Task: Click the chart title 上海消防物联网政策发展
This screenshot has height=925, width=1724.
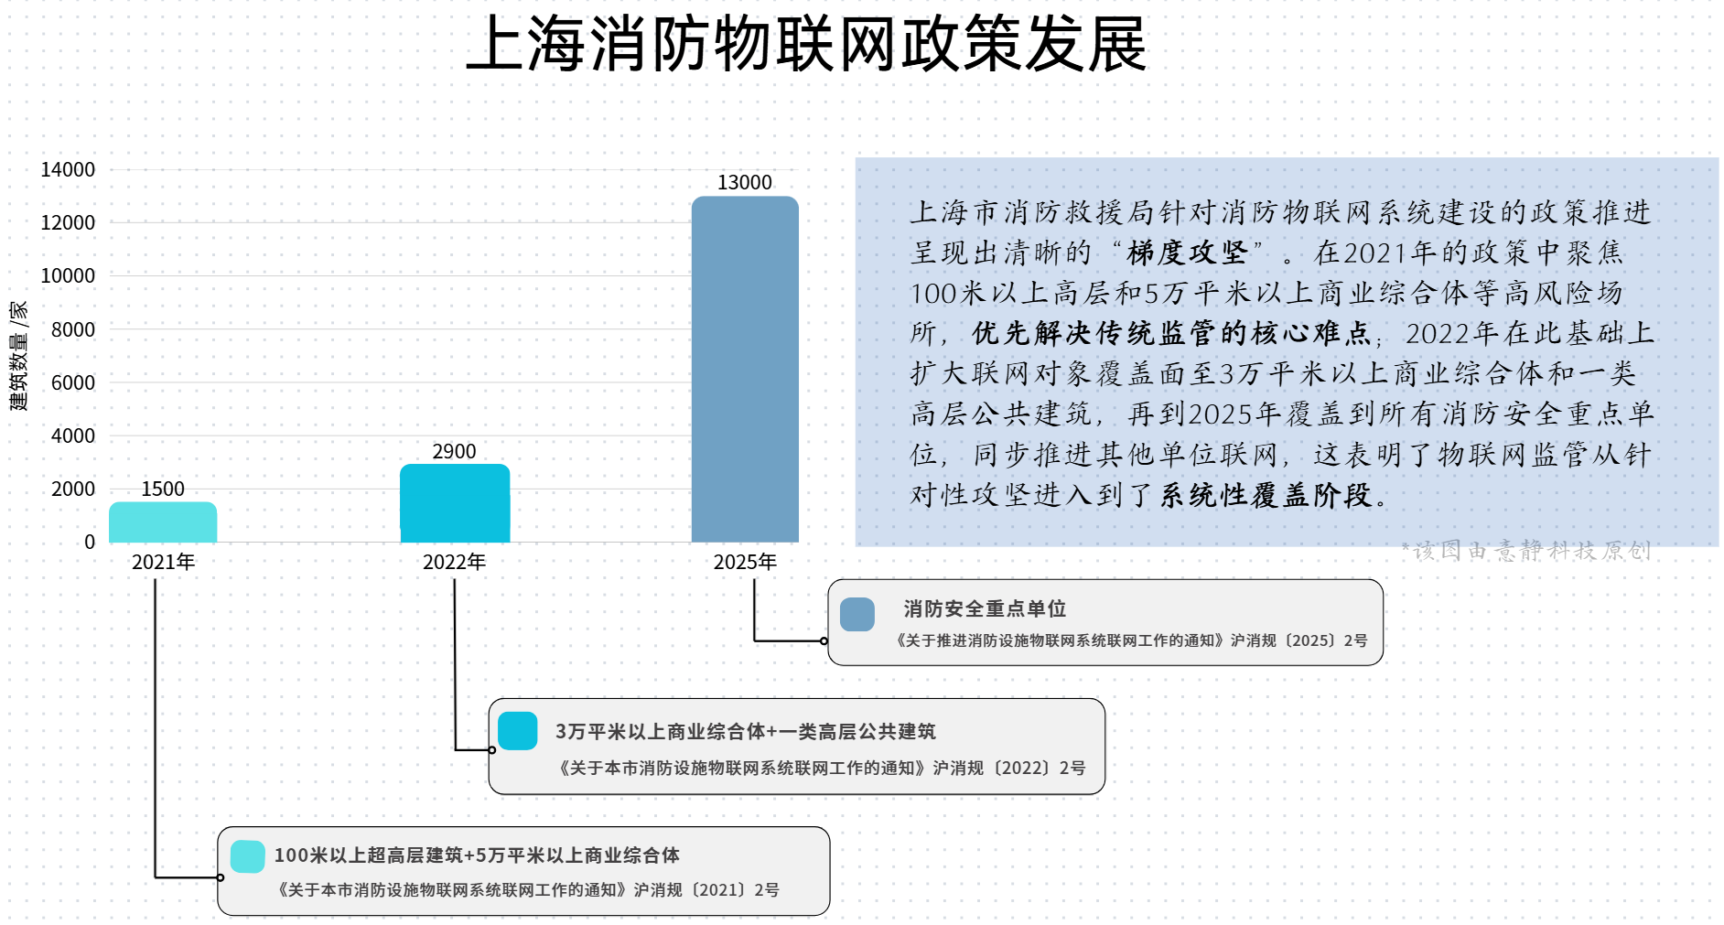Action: [x=806, y=44]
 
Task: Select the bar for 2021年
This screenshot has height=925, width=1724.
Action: [x=163, y=522]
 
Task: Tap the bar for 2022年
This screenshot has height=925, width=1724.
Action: [x=455, y=503]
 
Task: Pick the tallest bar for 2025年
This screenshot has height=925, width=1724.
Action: [x=745, y=370]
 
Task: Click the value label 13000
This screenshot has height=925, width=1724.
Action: [x=745, y=182]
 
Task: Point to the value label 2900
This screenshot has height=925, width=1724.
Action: [x=455, y=451]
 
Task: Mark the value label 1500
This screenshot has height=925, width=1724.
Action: [x=163, y=489]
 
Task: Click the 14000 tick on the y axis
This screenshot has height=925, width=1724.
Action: [x=68, y=169]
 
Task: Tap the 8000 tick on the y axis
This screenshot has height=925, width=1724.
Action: [x=73, y=329]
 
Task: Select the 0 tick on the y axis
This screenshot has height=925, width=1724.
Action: [x=90, y=542]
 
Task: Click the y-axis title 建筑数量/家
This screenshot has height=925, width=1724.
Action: [x=18, y=356]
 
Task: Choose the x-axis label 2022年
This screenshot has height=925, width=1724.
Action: [x=455, y=562]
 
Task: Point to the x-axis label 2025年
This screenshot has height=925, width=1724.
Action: [x=745, y=562]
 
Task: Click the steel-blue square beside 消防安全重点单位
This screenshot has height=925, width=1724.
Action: [x=857, y=614]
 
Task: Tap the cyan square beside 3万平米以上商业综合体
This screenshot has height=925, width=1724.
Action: [x=518, y=731]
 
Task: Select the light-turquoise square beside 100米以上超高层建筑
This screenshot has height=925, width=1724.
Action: [x=248, y=856]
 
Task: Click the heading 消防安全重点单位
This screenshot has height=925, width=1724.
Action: [x=985, y=609]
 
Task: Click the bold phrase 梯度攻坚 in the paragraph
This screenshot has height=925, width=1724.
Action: [x=1187, y=253]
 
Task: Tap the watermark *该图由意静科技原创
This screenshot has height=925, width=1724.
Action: [x=1526, y=551]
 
